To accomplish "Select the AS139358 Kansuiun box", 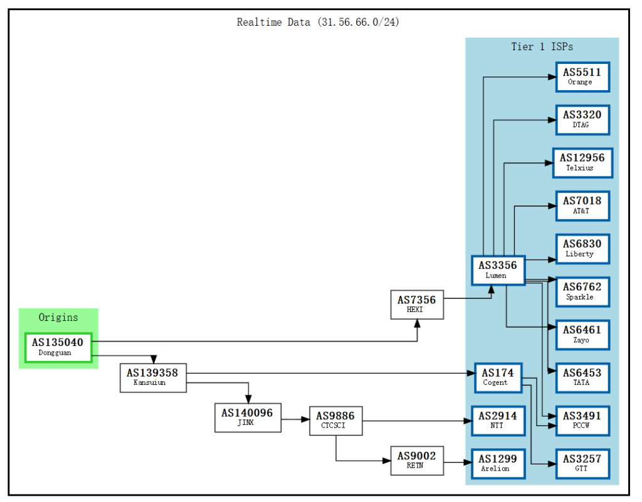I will (153, 377).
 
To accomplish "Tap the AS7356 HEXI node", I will (416, 305).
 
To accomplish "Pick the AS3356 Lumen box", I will (498, 270).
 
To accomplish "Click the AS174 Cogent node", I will (498, 377).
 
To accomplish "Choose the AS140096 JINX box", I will (248, 417).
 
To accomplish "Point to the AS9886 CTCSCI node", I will (336, 421).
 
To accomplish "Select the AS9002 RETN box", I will (416, 461).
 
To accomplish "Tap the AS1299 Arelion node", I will (498, 463).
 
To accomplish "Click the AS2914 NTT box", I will (498, 421).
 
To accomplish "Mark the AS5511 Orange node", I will (582, 76).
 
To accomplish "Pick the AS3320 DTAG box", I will (582, 119).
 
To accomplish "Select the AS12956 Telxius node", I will (582, 162).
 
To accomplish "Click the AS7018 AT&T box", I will (582, 206).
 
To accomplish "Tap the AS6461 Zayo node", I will (582, 335).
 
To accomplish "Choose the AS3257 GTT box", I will (582, 463).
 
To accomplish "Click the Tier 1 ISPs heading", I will (542, 46).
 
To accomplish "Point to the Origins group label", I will (58, 317).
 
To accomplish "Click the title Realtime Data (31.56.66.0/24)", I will (318, 22).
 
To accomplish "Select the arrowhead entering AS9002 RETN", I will (386, 461).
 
